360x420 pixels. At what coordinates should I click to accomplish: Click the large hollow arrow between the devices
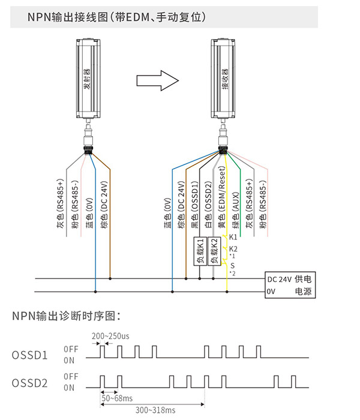click(x=157, y=80)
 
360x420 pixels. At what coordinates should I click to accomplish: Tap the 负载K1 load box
click(x=200, y=251)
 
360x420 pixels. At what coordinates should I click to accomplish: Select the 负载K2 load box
click(x=214, y=251)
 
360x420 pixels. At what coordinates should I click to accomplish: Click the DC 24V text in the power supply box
click(x=279, y=280)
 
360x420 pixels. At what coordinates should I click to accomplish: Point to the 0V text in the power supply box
click(x=271, y=292)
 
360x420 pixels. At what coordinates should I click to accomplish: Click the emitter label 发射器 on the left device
click(x=87, y=79)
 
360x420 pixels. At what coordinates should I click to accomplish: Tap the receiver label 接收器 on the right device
click(x=225, y=79)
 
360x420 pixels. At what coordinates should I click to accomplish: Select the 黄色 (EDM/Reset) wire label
click(x=222, y=197)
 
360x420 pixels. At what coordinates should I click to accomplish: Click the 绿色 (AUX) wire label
click(x=236, y=210)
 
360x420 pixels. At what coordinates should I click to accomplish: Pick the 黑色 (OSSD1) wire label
click(x=195, y=205)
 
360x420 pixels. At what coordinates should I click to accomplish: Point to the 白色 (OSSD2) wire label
click(x=208, y=205)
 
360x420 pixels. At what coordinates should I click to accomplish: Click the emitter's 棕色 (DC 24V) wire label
click(x=104, y=205)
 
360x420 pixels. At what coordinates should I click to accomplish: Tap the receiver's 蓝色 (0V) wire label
click(x=167, y=213)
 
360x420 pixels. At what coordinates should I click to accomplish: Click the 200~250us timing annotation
click(x=110, y=336)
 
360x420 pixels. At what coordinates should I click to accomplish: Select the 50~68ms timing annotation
click(x=117, y=398)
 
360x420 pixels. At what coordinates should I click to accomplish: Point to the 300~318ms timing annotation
click(x=155, y=410)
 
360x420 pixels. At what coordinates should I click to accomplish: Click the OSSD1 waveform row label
click(x=30, y=355)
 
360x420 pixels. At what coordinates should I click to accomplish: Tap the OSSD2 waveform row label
click(x=30, y=383)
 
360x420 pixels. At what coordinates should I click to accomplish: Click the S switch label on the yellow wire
click(x=232, y=265)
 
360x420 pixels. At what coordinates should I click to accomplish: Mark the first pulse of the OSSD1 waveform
click(x=103, y=352)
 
